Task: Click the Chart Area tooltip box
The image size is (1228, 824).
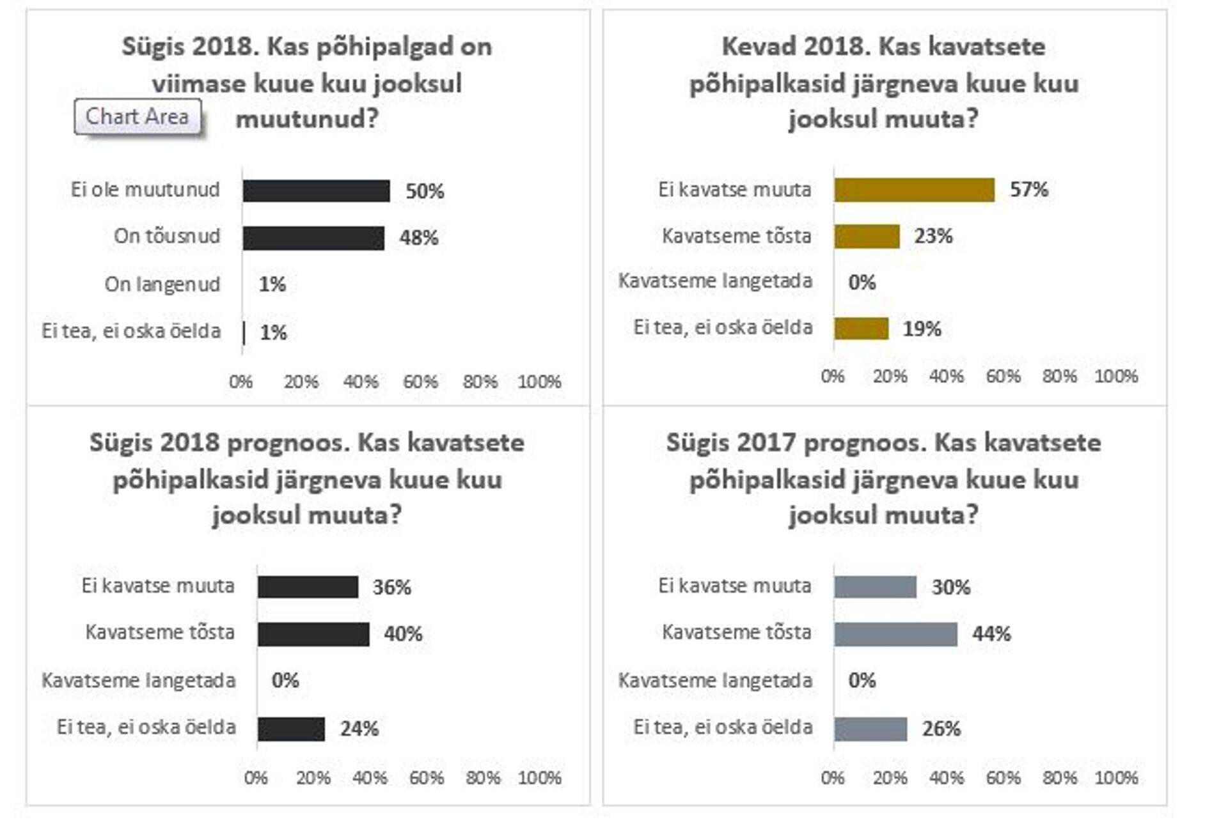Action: click(138, 116)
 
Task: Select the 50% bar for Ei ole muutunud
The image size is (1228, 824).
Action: click(316, 190)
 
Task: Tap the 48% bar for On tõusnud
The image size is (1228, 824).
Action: click(313, 238)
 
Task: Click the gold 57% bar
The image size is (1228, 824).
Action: click(914, 190)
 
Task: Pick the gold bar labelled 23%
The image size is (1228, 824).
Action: click(867, 237)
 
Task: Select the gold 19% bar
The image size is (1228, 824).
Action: click(861, 329)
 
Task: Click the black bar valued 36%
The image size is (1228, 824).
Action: click(308, 587)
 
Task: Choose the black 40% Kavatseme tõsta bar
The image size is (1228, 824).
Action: click(313, 634)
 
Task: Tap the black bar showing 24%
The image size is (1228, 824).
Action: click(291, 729)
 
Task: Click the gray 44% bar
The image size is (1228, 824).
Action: click(895, 634)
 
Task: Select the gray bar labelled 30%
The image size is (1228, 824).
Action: click(875, 587)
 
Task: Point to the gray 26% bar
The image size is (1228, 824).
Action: click(870, 729)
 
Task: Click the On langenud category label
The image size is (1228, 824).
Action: click(162, 284)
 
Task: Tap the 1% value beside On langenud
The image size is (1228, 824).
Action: click(272, 284)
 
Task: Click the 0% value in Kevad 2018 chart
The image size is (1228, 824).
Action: click(862, 282)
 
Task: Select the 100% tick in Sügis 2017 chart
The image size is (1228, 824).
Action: click(1116, 778)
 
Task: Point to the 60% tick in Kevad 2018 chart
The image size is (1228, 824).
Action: click(1003, 376)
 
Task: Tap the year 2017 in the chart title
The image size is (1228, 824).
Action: click(767, 443)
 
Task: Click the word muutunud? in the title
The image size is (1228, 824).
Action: click(308, 119)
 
